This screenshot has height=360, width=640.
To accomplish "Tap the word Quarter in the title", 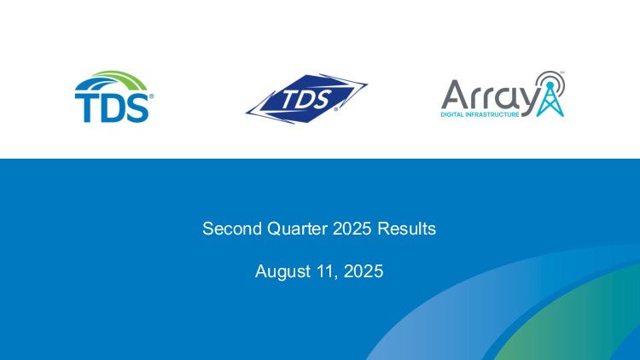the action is click(297, 229).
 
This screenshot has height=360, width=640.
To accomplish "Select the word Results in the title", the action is click(406, 229).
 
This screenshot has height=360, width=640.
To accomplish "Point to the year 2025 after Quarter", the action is click(352, 229).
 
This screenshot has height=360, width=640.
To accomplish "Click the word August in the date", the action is click(282, 272).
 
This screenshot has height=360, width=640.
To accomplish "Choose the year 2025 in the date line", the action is click(364, 271).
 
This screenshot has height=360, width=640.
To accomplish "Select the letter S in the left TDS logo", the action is click(137, 108).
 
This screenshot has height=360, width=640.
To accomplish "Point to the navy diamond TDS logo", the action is click(306, 99).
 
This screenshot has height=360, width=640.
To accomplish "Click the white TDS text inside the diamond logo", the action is click(306, 100).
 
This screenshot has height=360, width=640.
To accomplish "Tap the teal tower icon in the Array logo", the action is click(550, 99).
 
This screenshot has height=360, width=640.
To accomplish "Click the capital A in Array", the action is click(456, 94).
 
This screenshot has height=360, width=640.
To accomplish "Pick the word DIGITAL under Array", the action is click(452, 114).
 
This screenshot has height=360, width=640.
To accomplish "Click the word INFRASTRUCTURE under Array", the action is click(492, 114).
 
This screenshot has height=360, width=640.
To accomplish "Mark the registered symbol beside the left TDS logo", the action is click(151, 96).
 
